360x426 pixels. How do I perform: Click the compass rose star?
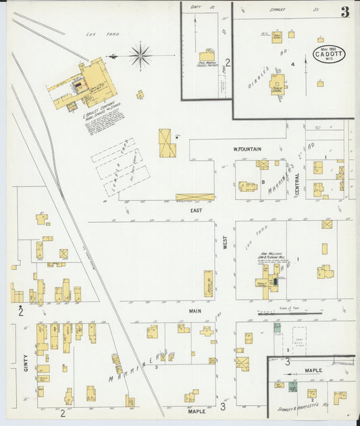[x=140, y=56]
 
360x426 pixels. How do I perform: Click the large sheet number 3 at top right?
[x=345, y=12]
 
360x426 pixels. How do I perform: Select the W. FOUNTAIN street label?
[x=247, y=149]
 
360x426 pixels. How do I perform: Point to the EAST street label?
[x=196, y=211]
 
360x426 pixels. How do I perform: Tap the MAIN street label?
[x=195, y=311]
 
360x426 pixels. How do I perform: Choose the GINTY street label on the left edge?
[x=26, y=365]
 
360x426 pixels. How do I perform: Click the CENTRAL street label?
[x=297, y=184]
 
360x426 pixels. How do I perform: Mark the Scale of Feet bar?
[x=290, y=313]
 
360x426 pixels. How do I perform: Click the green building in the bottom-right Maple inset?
[x=292, y=388]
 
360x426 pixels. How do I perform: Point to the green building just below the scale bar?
[x=277, y=328]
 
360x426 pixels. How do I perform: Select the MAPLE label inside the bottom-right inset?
[x=313, y=370]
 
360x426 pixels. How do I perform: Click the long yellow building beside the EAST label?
[x=195, y=197]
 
